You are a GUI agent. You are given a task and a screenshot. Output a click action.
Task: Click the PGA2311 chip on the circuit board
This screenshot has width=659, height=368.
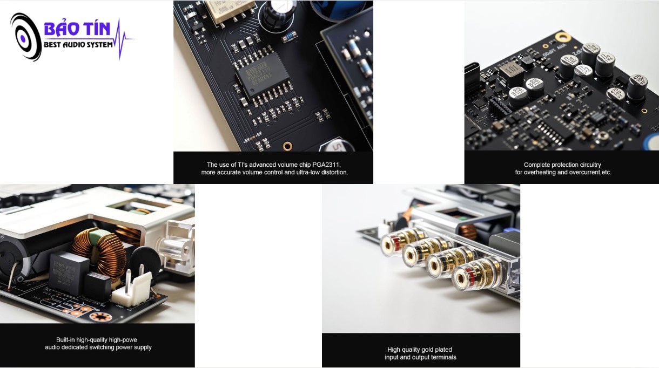tap(263, 75)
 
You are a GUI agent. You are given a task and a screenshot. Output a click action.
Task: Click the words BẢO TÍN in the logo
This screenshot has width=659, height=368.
tap(77, 29)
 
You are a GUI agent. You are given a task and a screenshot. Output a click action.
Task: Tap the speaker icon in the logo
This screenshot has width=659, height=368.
tap(25, 37)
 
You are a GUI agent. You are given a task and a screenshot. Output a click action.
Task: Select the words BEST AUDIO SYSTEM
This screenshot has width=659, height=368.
tap(78, 45)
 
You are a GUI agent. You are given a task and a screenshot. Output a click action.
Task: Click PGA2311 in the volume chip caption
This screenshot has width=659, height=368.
tap(326, 165)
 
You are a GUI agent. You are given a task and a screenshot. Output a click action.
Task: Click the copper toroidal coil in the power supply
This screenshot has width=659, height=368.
tap(99, 256)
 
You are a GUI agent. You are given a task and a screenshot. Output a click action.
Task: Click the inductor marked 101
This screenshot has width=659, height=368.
tap(512, 72)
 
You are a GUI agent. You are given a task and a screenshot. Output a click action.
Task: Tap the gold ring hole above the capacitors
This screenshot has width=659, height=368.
tap(563, 37)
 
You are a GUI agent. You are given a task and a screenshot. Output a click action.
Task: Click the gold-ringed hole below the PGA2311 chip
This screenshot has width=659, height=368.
tap(287, 146)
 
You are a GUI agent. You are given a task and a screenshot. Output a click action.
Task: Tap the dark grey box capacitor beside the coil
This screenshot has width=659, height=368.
tap(69, 274)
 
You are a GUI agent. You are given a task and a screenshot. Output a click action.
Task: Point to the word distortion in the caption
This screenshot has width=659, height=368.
tap(334, 172)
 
